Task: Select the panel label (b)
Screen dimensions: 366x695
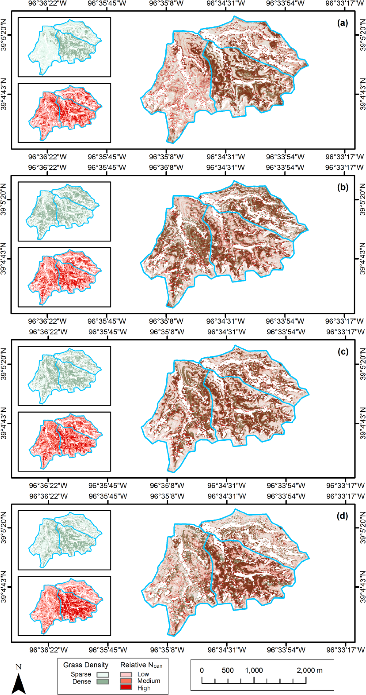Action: pyautogui.click(x=343, y=187)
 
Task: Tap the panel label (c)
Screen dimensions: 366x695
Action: pyautogui.click(x=343, y=352)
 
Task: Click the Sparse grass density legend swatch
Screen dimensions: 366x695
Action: pyautogui.click(x=103, y=674)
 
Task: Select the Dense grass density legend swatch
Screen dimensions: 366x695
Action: pyautogui.click(x=103, y=682)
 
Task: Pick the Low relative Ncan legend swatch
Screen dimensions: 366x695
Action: pyautogui.click(x=126, y=674)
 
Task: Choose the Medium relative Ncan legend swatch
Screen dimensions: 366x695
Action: pyautogui.click(x=126, y=681)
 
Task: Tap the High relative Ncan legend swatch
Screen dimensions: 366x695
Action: pyautogui.click(x=126, y=687)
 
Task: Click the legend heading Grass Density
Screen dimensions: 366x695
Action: pyautogui.click(x=86, y=665)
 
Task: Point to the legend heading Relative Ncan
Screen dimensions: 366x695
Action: pyautogui.click(x=141, y=665)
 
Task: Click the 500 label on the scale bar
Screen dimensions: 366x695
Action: pyautogui.click(x=228, y=670)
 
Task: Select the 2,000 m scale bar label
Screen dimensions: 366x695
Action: pyautogui.click(x=309, y=670)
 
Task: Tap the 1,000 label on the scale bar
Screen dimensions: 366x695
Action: pyautogui.click(x=254, y=670)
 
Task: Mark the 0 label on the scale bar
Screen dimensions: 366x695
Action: pyautogui.click(x=202, y=670)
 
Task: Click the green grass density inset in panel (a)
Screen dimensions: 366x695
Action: pyautogui.click(x=64, y=47)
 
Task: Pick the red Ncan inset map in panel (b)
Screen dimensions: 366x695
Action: pyautogui.click(x=64, y=277)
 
